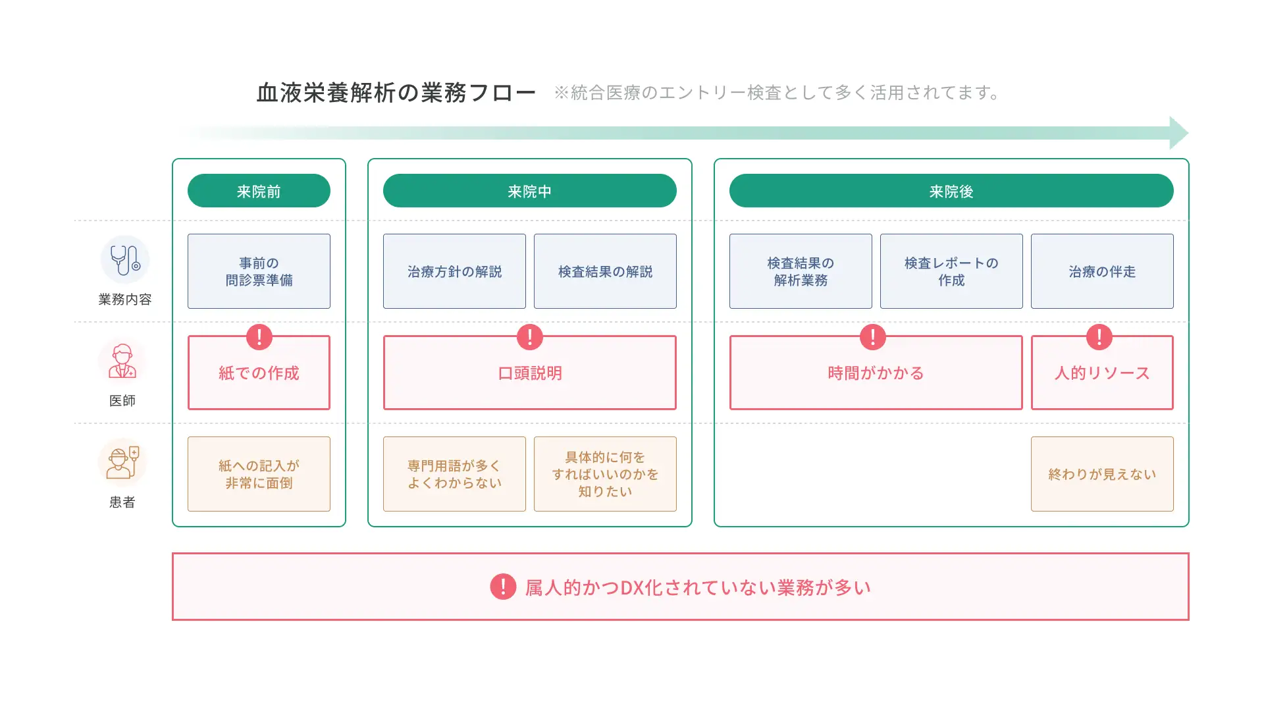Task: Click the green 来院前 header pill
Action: (259, 191)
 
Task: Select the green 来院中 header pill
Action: (530, 191)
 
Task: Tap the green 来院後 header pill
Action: (951, 191)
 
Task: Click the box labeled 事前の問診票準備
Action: (259, 271)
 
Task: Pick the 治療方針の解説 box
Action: (454, 271)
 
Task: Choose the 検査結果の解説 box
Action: (605, 271)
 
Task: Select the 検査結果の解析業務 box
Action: (801, 271)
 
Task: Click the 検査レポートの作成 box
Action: (951, 271)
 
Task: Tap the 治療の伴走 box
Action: (1102, 271)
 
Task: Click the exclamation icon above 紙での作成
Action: (259, 337)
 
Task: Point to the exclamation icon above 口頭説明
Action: (530, 337)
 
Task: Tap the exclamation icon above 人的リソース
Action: (1099, 337)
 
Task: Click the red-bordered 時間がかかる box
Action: (876, 373)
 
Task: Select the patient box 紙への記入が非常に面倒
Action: (259, 474)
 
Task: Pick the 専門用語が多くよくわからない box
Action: (454, 474)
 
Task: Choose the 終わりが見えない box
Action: (1102, 474)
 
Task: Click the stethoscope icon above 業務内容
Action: (125, 260)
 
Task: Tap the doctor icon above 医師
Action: (122, 361)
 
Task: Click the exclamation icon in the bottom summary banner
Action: (503, 587)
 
